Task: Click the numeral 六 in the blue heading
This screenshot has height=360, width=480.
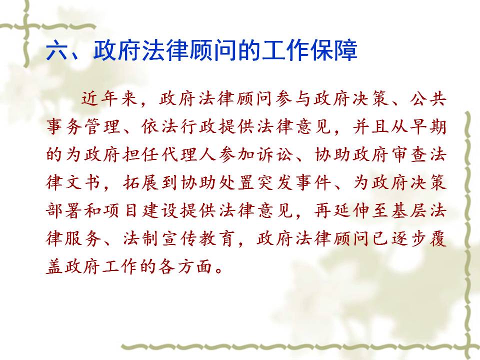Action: (58, 50)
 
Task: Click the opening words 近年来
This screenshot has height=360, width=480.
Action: (109, 99)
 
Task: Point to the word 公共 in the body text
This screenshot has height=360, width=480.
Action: (427, 99)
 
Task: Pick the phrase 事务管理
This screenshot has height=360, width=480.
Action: (83, 126)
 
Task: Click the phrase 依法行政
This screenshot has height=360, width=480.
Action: (179, 126)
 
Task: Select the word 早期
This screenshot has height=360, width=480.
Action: (427, 126)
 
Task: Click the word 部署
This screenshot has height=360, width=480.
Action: (64, 210)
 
